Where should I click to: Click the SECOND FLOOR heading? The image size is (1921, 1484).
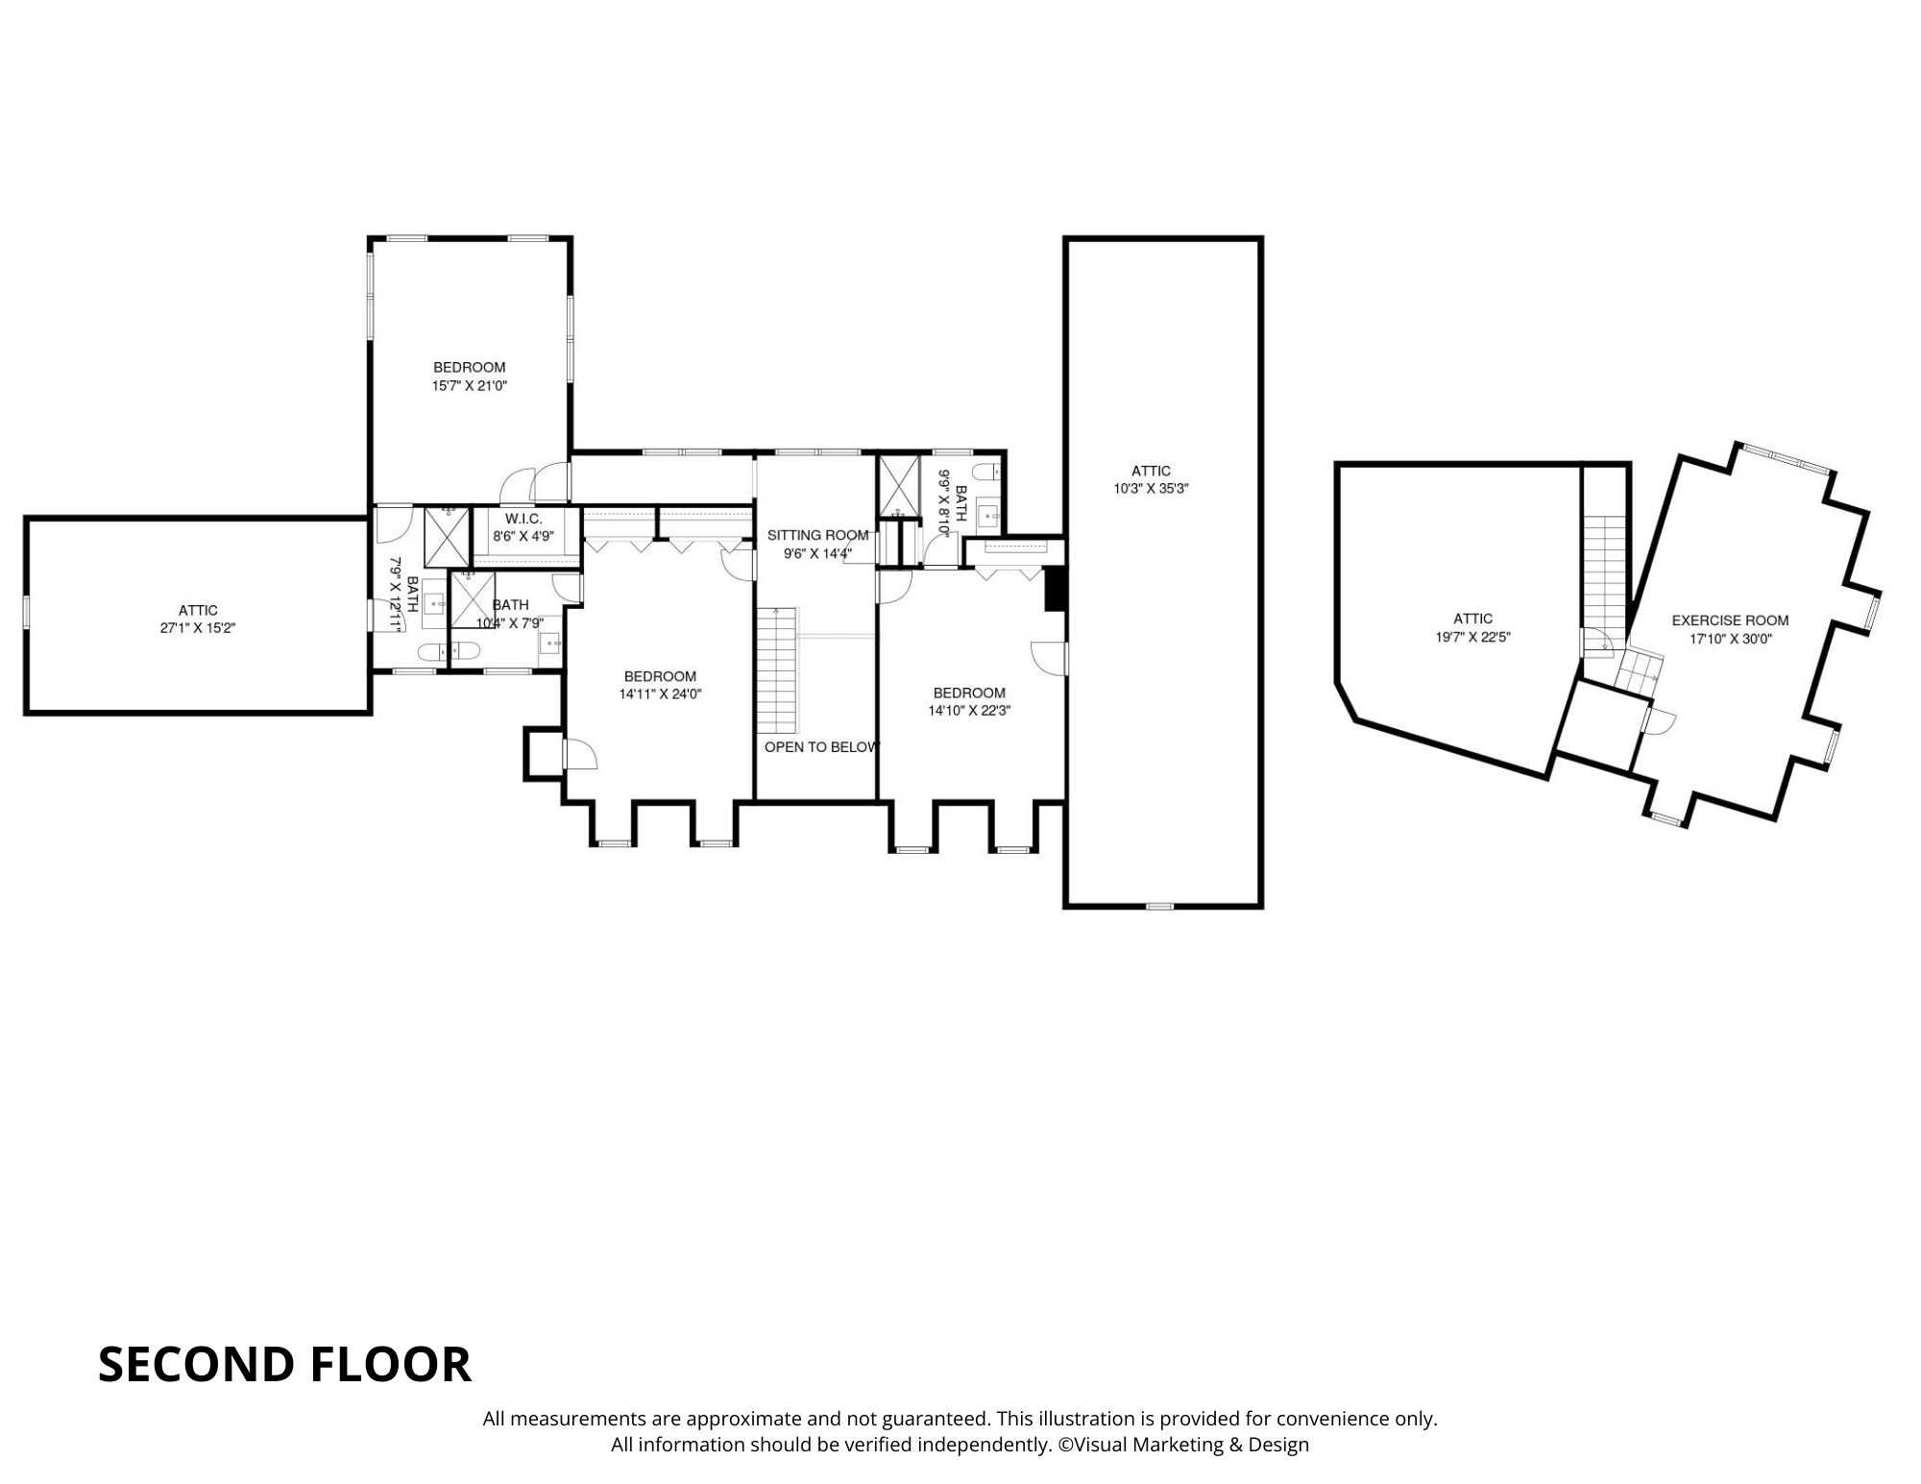coord(284,1364)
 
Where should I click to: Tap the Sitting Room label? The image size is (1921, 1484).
coord(817,535)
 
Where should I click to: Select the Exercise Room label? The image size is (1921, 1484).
coord(1730,620)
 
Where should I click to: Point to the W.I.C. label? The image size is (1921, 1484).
coord(523,519)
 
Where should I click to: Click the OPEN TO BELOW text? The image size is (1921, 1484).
coord(822,746)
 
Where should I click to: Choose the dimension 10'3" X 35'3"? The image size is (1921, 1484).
coord(1151,488)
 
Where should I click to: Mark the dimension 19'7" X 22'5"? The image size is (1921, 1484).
coord(1472,637)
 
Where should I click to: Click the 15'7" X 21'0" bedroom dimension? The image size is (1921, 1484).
coord(469,385)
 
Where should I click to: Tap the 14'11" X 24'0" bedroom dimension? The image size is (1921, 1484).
coord(661,693)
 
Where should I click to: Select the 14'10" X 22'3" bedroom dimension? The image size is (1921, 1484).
coord(969,711)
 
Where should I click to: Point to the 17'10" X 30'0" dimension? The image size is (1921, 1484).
coord(1731,638)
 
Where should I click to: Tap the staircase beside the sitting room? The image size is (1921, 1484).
coord(777,671)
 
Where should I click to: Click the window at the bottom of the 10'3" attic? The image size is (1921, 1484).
coord(1160,906)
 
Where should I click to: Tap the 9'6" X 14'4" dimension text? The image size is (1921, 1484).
coord(818,552)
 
